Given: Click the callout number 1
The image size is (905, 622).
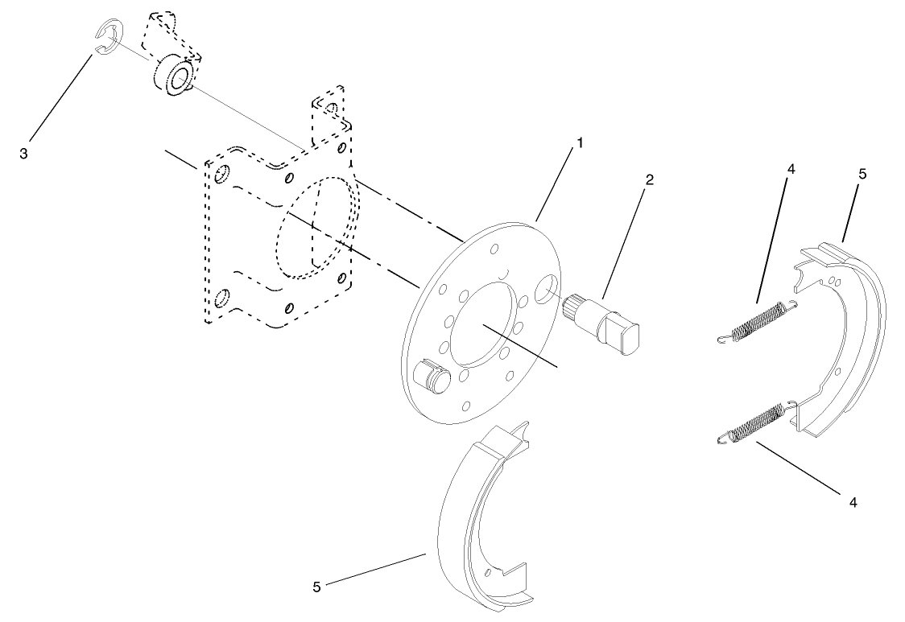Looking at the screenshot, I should [x=580, y=142].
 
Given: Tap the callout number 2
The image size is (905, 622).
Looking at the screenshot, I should [x=649, y=179].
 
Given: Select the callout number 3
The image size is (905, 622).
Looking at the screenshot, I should [x=24, y=153].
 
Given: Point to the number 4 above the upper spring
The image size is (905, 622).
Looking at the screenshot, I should [x=791, y=169].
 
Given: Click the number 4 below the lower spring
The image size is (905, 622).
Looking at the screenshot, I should [x=853, y=502].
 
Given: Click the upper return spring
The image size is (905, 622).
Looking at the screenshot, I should [x=758, y=319].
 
